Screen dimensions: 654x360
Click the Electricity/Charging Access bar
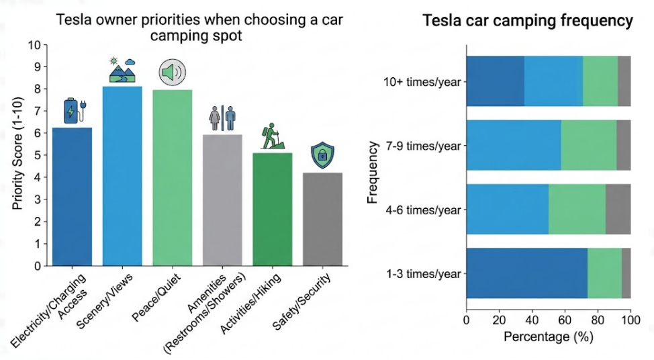pyautogui.click(x=72, y=197)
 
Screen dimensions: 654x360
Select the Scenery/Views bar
pyautogui.click(x=122, y=176)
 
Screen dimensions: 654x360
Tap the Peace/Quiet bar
pyautogui.click(x=173, y=178)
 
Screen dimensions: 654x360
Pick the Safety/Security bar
pyautogui.click(x=322, y=219)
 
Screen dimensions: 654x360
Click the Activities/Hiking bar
pyautogui.click(x=273, y=210)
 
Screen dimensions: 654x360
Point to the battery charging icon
pyautogui.click(x=75, y=111)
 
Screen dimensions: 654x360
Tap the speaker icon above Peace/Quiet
pyautogui.click(x=173, y=73)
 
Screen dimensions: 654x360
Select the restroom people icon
pyautogui.click(x=222, y=118)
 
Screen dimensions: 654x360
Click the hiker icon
pyautogui.click(x=273, y=136)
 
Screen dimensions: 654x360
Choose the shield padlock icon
pyautogui.click(x=322, y=155)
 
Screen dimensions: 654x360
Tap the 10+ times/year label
pyautogui.click(x=422, y=82)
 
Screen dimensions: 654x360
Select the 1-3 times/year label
pyautogui.click(x=423, y=274)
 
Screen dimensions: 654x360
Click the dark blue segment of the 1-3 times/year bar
pyautogui.click(x=527, y=273)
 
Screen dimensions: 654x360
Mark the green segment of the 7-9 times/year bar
pyautogui.click(x=588, y=145)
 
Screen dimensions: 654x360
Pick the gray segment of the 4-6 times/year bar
pyautogui.click(x=618, y=209)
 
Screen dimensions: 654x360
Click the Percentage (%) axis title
pyautogui.click(x=548, y=336)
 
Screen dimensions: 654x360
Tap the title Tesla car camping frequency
pyautogui.click(x=528, y=20)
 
